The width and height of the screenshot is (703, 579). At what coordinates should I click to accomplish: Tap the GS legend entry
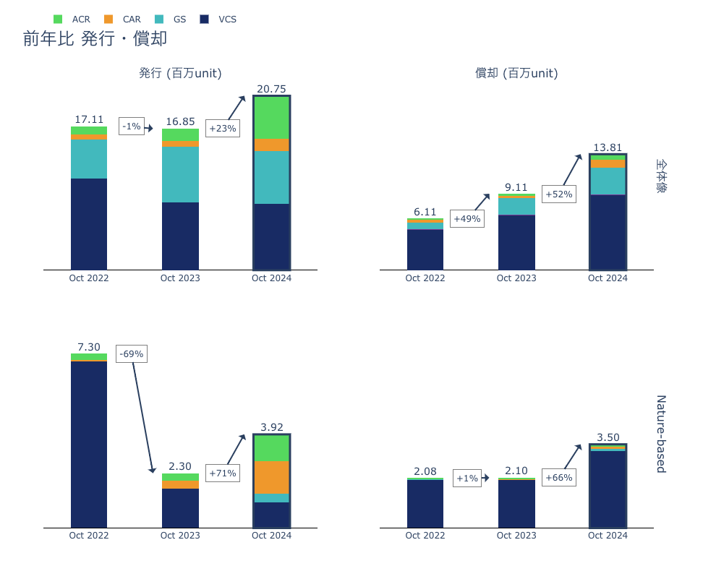(x=171, y=20)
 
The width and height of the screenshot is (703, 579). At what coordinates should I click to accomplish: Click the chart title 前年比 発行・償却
(x=95, y=39)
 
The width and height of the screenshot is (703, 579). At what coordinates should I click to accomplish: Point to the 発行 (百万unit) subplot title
(x=180, y=73)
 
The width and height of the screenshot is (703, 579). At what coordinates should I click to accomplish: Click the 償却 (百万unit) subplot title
(x=516, y=73)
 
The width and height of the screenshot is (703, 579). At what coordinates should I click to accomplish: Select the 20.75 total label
(x=271, y=89)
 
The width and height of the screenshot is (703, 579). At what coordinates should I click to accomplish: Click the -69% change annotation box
(x=132, y=354)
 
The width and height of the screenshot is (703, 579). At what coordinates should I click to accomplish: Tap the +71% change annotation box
(x=223, y=473)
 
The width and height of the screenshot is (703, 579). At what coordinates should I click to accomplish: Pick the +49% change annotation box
(x=467, y=219)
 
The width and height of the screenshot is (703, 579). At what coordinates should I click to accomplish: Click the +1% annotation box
(x=467, y=478)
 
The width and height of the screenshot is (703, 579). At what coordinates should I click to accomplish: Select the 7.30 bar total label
(x=89, y=347)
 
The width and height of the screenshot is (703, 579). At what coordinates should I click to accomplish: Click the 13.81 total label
(x=608, y=147)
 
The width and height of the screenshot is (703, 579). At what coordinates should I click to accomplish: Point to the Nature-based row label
(x=660, y=434)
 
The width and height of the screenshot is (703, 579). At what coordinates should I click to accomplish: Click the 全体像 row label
(x=660, y=176)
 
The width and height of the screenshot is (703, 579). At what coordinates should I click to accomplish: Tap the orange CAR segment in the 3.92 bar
(x=271, y=477)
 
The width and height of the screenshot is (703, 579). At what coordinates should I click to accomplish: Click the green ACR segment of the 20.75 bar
(x=271, y=117)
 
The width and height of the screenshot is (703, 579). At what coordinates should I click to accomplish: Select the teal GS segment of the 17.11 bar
(x=89, y=159)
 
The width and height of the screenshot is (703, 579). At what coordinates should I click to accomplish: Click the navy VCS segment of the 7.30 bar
(x=89, y=444)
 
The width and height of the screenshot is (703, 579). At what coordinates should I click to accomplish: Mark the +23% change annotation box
(x=223, y=129)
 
